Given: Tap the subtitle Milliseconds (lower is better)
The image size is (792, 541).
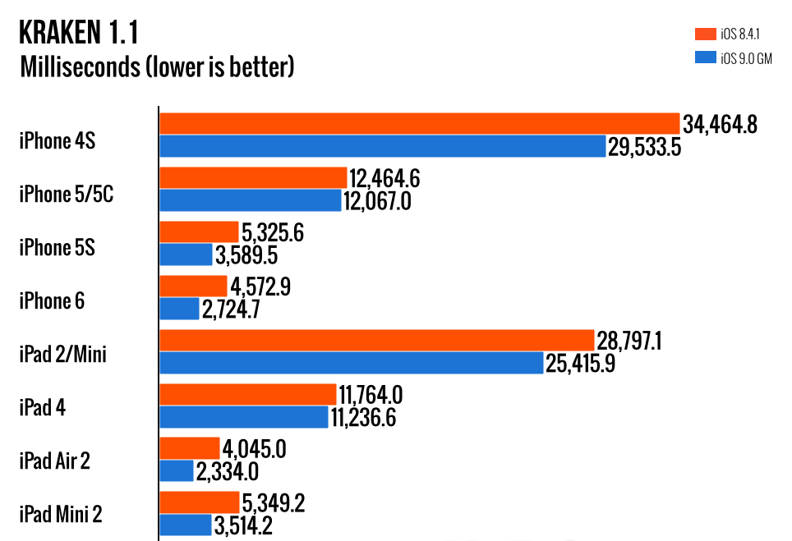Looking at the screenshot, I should (x=156, y=66).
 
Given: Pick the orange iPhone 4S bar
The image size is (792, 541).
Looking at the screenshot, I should (x=419, y=124).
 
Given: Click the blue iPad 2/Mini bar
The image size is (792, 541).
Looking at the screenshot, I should (x=351, y=363).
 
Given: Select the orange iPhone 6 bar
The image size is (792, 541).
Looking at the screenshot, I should (x=193, y=287).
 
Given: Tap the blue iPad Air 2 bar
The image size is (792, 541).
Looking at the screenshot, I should (x=177, y=471).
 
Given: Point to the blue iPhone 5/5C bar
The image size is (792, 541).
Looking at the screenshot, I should (x=250, y=200).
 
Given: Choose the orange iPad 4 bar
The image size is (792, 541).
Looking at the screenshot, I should (x=248, y=395).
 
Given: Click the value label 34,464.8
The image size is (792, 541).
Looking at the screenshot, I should (x=720, y=125).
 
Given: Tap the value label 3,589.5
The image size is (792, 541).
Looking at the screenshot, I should (x=246, y=255).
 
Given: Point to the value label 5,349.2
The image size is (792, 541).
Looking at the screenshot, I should (x=274, y=502).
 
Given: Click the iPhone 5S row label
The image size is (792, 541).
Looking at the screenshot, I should (x=58, y=247).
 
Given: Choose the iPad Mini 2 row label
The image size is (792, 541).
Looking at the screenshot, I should (x=61, y=515).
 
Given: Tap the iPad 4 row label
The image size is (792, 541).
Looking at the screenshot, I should (x=44, y=408).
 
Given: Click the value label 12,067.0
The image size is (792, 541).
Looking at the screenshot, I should (x=378, y=201).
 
